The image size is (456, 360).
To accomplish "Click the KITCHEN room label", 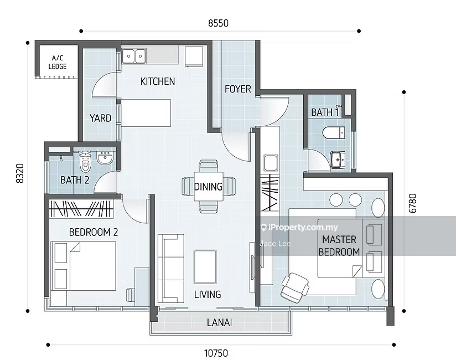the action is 158,81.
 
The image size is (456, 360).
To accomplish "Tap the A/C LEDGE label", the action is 58,62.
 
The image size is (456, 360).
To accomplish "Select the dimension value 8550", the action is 218,23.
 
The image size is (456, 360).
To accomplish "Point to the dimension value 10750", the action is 216,353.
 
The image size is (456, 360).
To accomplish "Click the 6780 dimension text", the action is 412,203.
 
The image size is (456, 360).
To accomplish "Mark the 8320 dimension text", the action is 20,173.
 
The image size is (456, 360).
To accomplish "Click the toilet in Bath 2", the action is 85,161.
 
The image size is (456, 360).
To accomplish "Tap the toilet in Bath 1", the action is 334,133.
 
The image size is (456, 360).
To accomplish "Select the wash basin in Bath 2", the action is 106,158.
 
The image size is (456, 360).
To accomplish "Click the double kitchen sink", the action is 134,56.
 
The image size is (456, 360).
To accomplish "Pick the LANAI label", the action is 220,322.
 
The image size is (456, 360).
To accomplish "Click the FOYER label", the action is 238,89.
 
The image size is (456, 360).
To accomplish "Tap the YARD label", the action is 100,118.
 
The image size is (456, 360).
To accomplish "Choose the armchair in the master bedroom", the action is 295,286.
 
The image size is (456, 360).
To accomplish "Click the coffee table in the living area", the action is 205,266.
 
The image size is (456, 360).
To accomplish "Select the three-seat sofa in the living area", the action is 170,268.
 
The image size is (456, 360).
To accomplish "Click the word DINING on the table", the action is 208,187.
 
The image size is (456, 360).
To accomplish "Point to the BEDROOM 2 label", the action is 94,232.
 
